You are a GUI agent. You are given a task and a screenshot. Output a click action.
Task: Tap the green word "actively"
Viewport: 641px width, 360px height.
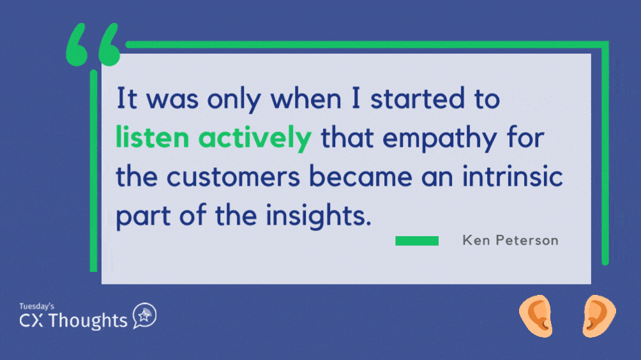click(x=255, y=139)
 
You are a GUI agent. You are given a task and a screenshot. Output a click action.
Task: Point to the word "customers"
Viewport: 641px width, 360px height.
click(x=234, y=177)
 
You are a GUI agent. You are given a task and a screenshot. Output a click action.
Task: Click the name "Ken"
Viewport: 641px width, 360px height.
click(x=476, y=240)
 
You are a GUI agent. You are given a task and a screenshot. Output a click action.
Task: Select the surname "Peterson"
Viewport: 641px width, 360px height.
click(x=527, y=240)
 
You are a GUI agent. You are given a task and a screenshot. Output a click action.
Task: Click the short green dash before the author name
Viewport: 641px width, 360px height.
click(x=416, y=241)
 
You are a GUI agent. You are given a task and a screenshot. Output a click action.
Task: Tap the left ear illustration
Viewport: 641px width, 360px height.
click(x=536, y=316)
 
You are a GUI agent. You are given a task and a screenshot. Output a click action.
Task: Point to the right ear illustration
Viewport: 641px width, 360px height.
click(x=599, y=316)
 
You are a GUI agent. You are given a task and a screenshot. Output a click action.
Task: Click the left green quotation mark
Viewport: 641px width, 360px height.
click(x=77, y=45)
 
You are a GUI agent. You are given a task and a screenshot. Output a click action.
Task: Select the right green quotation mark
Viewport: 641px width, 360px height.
click(x=109, y=45)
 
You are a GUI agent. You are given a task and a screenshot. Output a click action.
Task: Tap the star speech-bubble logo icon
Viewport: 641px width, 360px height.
click(x=144, y=315)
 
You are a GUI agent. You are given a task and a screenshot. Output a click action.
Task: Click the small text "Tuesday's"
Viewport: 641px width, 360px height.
click(x=37, y=306)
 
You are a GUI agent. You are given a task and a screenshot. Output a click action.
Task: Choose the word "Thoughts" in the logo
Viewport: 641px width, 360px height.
click(x=88, y=320)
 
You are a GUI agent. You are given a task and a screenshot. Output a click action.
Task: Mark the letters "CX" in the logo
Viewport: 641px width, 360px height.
click(x=31, y=320)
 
